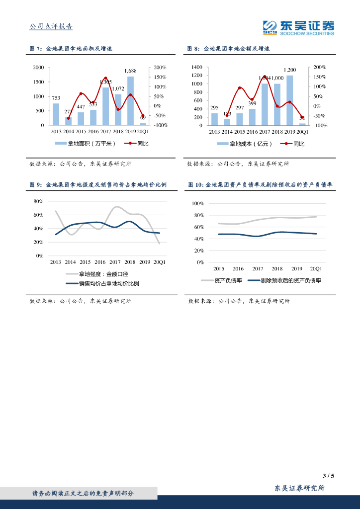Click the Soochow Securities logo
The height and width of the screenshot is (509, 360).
[298, 28]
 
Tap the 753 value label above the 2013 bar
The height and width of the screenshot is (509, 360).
[56, 98]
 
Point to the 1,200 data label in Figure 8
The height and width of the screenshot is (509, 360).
[290, 70]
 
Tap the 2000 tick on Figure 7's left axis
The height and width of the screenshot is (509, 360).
[38, 68]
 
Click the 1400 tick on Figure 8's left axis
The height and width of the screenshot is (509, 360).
[196, 67]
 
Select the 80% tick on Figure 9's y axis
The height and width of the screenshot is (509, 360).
[38, 201]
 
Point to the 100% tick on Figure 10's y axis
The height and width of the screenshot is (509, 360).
[198, 204]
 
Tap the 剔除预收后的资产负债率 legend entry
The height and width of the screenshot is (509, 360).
[291, 280]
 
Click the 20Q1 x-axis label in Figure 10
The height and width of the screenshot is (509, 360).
[315, 268]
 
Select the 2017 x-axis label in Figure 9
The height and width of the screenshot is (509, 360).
[115, 262]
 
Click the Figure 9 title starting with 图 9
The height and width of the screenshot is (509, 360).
[97, 185]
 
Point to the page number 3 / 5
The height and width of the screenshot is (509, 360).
[328, 476]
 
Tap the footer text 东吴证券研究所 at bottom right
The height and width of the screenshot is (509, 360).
[300, 489]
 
